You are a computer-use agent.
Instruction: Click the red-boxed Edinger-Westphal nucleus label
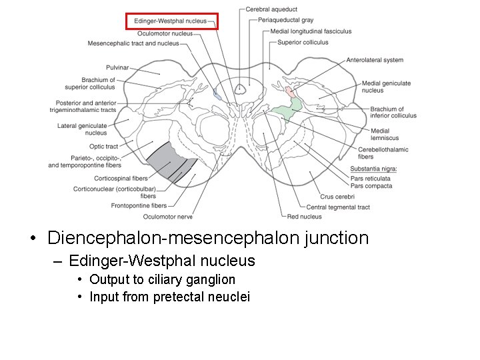tap(171, 21)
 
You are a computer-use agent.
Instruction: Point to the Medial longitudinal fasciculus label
tap(311, 31)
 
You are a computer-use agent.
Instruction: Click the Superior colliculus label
tap(303, 43)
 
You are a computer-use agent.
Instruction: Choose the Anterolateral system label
tap(375, 60)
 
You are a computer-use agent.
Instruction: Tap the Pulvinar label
tap(117, 67)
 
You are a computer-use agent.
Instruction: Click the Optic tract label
tap(103, 147)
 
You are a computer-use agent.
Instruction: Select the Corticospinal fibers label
tap(121, 179)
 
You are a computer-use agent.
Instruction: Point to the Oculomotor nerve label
tap(167, 217)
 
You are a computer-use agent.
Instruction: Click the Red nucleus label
tap(304, 217)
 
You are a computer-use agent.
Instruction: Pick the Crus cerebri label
tap(336, 197)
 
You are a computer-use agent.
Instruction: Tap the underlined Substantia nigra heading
tap(373, 169)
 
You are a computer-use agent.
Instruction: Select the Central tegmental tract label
tap(338, 207)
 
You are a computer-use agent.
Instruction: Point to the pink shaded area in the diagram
tap(289, 92)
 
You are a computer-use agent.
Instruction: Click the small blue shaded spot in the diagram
tap(217, 95)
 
